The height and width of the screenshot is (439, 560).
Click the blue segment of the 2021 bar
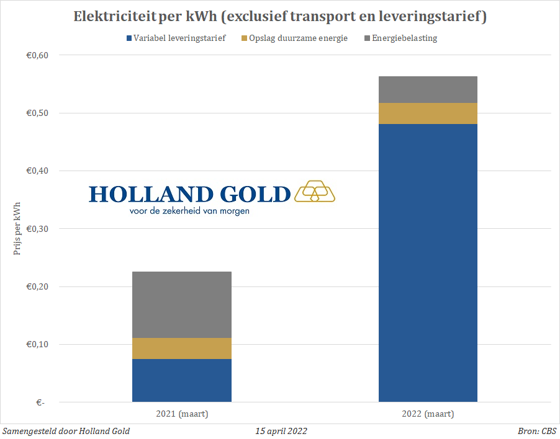point(181,380)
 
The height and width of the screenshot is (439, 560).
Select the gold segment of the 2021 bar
point(181,348)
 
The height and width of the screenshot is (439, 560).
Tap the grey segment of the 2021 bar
point(181,304)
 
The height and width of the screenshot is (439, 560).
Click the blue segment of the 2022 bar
point(428,263)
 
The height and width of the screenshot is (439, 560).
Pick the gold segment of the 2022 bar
point(428,113)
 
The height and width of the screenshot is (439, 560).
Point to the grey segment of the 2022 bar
point(428,89)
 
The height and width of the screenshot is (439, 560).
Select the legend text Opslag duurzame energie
point(298,38)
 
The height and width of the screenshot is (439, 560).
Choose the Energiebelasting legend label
point(404,38)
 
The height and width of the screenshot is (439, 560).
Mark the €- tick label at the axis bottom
point(41,402)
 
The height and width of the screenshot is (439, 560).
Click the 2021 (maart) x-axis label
point(181,414)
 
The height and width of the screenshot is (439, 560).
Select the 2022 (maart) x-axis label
point(428,414)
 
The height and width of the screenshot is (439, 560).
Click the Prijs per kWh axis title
point(17,229)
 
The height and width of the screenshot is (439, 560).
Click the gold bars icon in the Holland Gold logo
point(314,192)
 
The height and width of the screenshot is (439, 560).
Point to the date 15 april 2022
point(281,431)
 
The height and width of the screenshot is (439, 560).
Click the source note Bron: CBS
point(537,431)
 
